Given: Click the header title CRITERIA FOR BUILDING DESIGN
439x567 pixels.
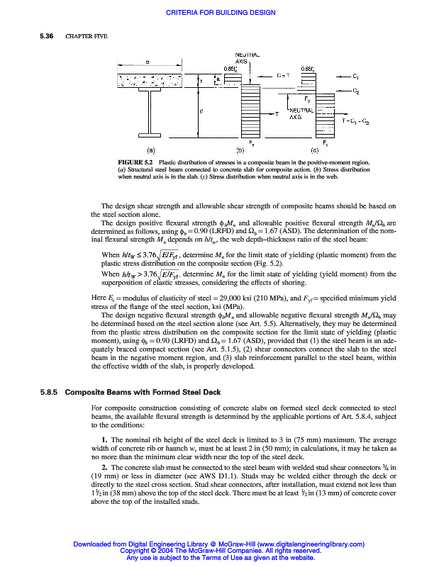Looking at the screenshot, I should pyautogui.click(x=220, y=13).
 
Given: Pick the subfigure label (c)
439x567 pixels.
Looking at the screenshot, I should pyautogui.click(x=315, y=150).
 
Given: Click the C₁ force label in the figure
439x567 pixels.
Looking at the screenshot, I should pyautogui.click(x=356, y=74).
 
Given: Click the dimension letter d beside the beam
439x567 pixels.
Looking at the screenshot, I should pyautogui.click(x=201, y=111).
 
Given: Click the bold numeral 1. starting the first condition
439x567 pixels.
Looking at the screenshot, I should pyautogui.click(x=104, y=441).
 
